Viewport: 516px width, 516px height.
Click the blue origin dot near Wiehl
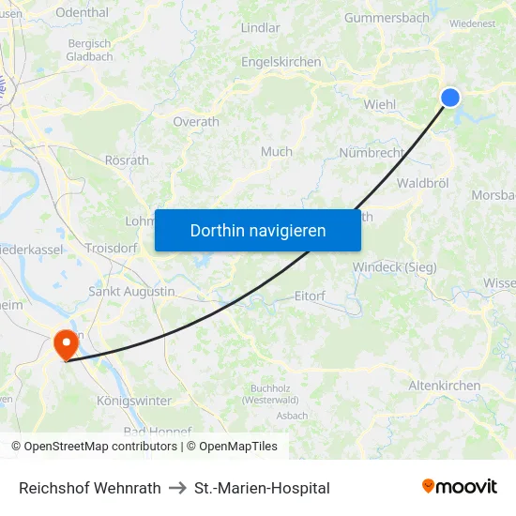(x=450, y=98)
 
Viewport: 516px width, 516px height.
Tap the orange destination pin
(x=67, y=342)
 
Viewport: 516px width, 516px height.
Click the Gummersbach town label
(x=386, y=18)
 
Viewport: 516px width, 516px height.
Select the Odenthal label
(x=82, y=12)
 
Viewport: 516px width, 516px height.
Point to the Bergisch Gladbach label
(x=90, y=50)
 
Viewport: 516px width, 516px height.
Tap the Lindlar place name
(x=261, y=28)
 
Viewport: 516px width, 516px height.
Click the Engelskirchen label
(x=281, y=62)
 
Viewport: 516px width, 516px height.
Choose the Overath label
(x=196, y=122)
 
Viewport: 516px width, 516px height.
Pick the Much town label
(x=277, y=151)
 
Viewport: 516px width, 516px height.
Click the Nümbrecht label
(x=372, y=153)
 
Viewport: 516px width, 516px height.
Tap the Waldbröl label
(x=425, y=183)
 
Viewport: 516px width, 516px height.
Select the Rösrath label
(x=127, y=160)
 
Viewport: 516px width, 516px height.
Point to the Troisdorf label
(x=111, y=249)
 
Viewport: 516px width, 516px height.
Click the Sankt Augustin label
(x=131, y=292)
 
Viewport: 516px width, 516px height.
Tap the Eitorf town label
(x=310, y=296)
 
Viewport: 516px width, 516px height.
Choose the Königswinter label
(x=134, y=401)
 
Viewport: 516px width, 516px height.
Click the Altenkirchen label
(x=445, y=386)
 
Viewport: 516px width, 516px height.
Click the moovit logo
(x=460, y=486)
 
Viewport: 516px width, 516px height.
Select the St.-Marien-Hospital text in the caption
(x=262, y=488)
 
